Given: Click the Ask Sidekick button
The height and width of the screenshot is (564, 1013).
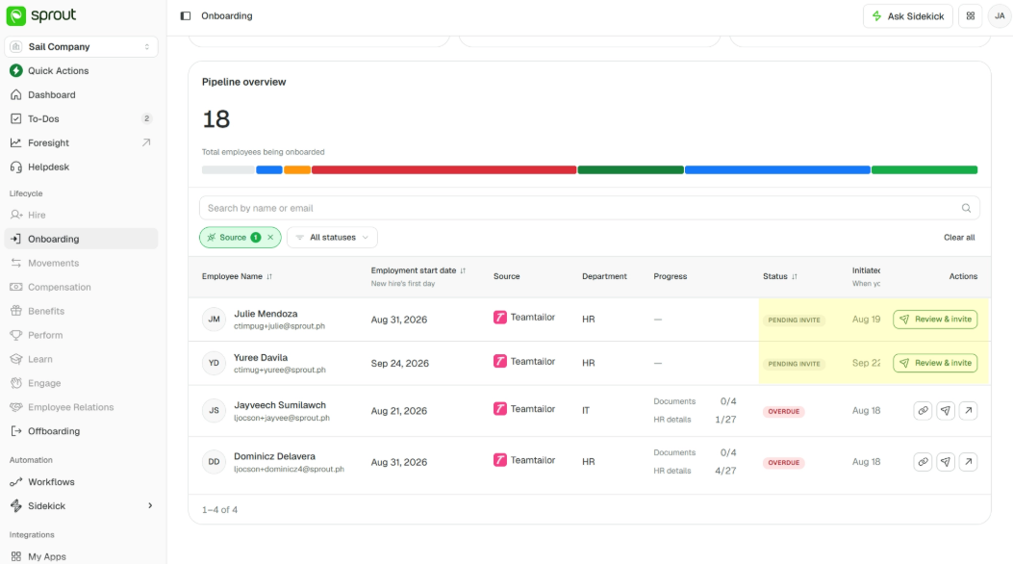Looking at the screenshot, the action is pos(908,16).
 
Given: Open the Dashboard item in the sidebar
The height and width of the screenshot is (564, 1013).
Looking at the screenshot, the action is pos(52,95).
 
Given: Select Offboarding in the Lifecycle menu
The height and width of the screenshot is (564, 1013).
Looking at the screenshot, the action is pos(54,431).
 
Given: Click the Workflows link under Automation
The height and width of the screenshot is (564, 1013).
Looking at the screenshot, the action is pos(51,482).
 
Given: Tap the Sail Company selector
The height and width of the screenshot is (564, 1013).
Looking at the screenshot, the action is pos(82,46).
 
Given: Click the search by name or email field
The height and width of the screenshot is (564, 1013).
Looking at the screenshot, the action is pos(589,208).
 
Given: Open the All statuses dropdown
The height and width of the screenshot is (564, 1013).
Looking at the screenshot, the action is pos(332,237).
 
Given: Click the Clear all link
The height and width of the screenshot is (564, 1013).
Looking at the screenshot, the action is pos(959,237).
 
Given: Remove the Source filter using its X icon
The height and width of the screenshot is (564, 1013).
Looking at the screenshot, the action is pos(270,237).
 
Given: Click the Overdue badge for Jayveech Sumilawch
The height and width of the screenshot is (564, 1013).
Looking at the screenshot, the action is pos(784,411).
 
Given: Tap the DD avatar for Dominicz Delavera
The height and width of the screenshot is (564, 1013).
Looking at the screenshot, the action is pos(214,462).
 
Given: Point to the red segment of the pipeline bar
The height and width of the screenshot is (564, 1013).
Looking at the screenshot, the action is pos(443,170).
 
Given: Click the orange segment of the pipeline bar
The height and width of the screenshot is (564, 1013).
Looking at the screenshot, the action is pos(297,170).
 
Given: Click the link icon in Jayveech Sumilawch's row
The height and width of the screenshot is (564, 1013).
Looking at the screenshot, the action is pos(923,410).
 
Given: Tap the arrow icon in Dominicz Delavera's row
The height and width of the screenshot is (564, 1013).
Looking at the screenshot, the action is pos(968,462).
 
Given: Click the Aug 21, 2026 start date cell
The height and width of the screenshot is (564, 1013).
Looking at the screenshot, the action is pos(398,411).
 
